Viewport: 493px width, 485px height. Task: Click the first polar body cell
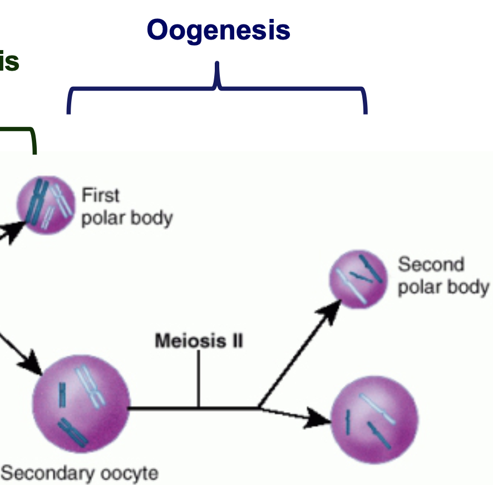[x=46, y=205]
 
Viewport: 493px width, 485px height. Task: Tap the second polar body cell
[x=358, y=279]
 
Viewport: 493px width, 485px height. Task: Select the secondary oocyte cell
[x=81, y=400]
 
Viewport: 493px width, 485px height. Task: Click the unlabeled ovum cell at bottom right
[x=374, y=419]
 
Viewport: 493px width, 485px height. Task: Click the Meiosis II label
[x=199, y=340]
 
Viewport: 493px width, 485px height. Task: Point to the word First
[x=101, y=195]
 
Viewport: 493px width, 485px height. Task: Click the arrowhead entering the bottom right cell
[x=320, y=419]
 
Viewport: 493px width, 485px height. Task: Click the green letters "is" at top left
[x=9, y=62]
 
